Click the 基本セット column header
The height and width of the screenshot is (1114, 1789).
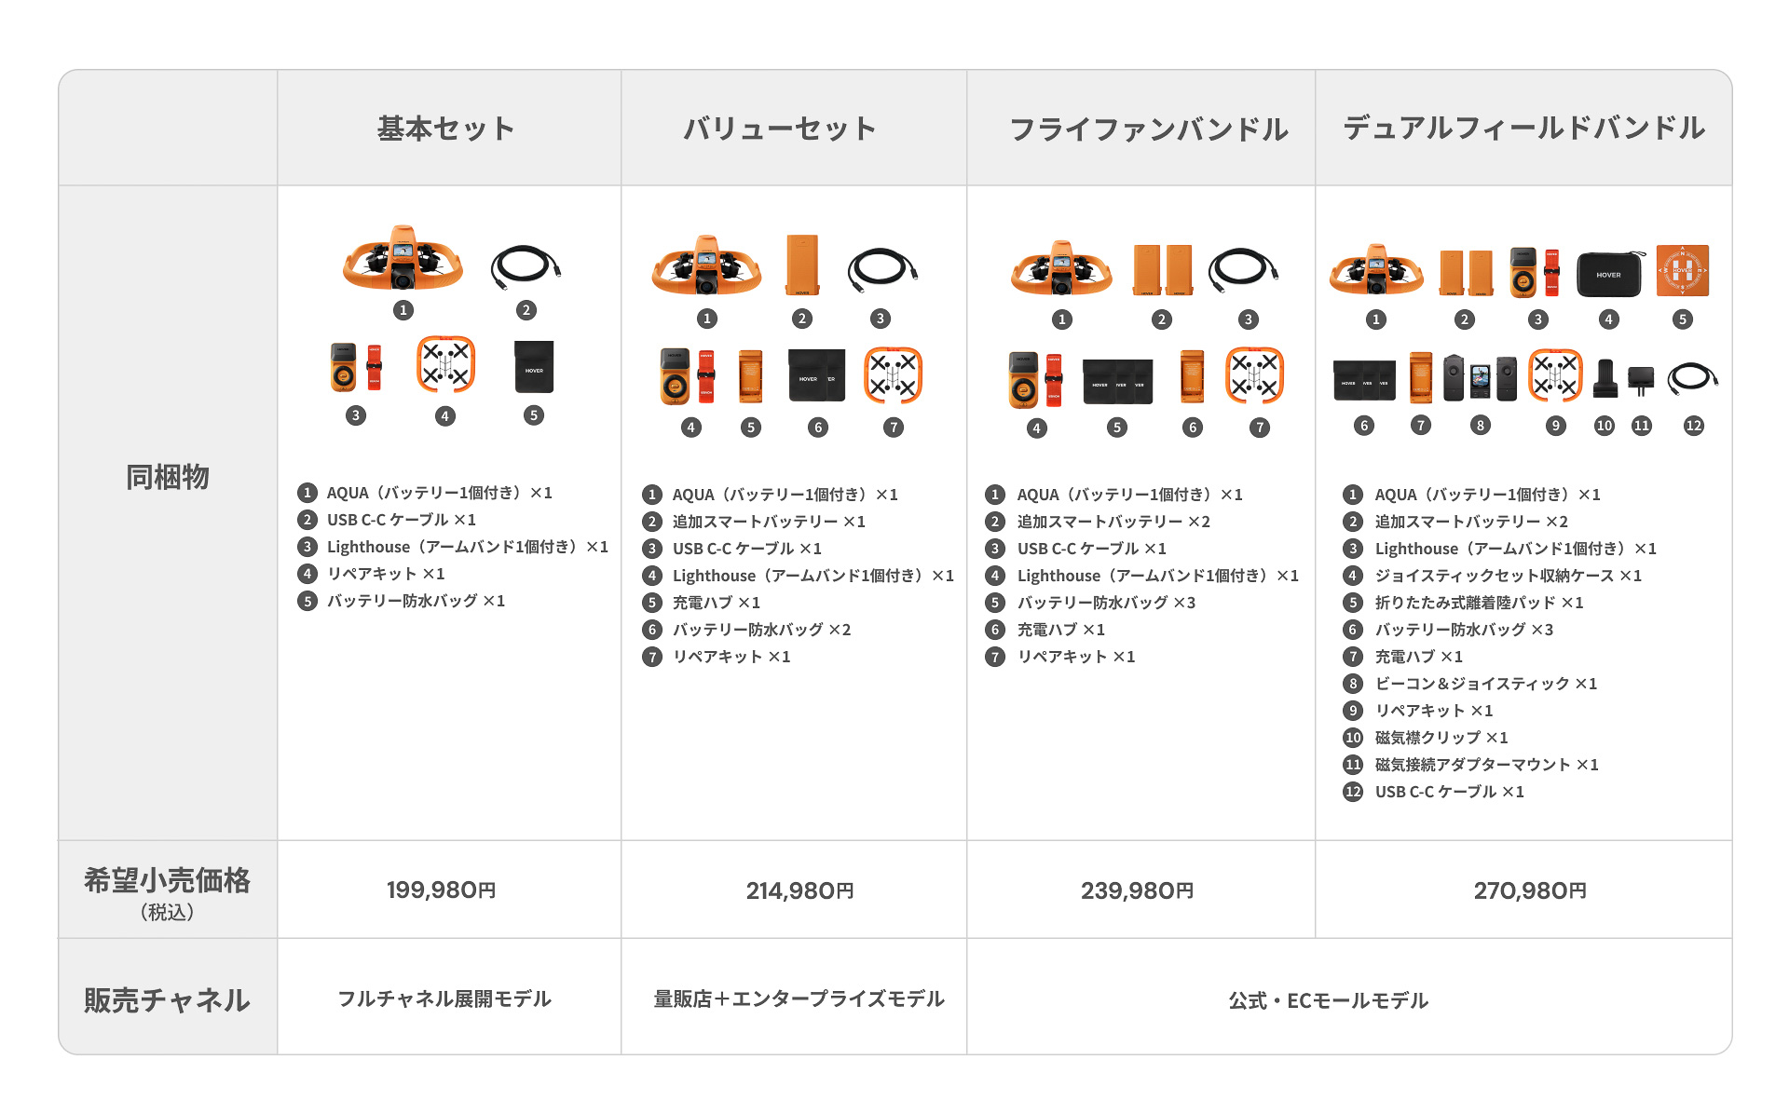coord(446,129)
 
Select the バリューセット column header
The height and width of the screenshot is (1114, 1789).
coord(780,129)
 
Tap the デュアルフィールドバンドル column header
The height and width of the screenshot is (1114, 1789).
coord(1523,128)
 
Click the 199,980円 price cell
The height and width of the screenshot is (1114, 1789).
coord(441,890)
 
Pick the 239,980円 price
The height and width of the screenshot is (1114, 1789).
coord(1137,890)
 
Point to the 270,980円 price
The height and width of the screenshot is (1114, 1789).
coord(1529,890)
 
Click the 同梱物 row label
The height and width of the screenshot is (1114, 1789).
coord(168,477)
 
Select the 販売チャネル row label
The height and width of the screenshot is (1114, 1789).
coord(168,999)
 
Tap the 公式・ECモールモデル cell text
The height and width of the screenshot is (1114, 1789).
coord(1328,1000)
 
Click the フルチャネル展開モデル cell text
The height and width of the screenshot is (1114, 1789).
coord(444,999)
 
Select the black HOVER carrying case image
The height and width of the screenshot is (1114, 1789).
coord(1608,273)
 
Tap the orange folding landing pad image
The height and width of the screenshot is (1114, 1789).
coord(1682,271)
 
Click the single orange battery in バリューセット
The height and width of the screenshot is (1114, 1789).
coord(801,265)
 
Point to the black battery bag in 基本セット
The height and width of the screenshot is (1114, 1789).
coord(534,367)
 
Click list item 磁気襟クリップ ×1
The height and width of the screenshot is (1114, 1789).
coord(1441,738)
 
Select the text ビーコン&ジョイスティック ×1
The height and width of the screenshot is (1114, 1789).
coord(1485,684)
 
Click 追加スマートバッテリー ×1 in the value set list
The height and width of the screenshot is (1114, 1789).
coord(769,522)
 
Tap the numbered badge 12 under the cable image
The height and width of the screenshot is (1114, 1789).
coord(1693,426)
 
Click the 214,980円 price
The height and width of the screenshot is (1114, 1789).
coord(799,890)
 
